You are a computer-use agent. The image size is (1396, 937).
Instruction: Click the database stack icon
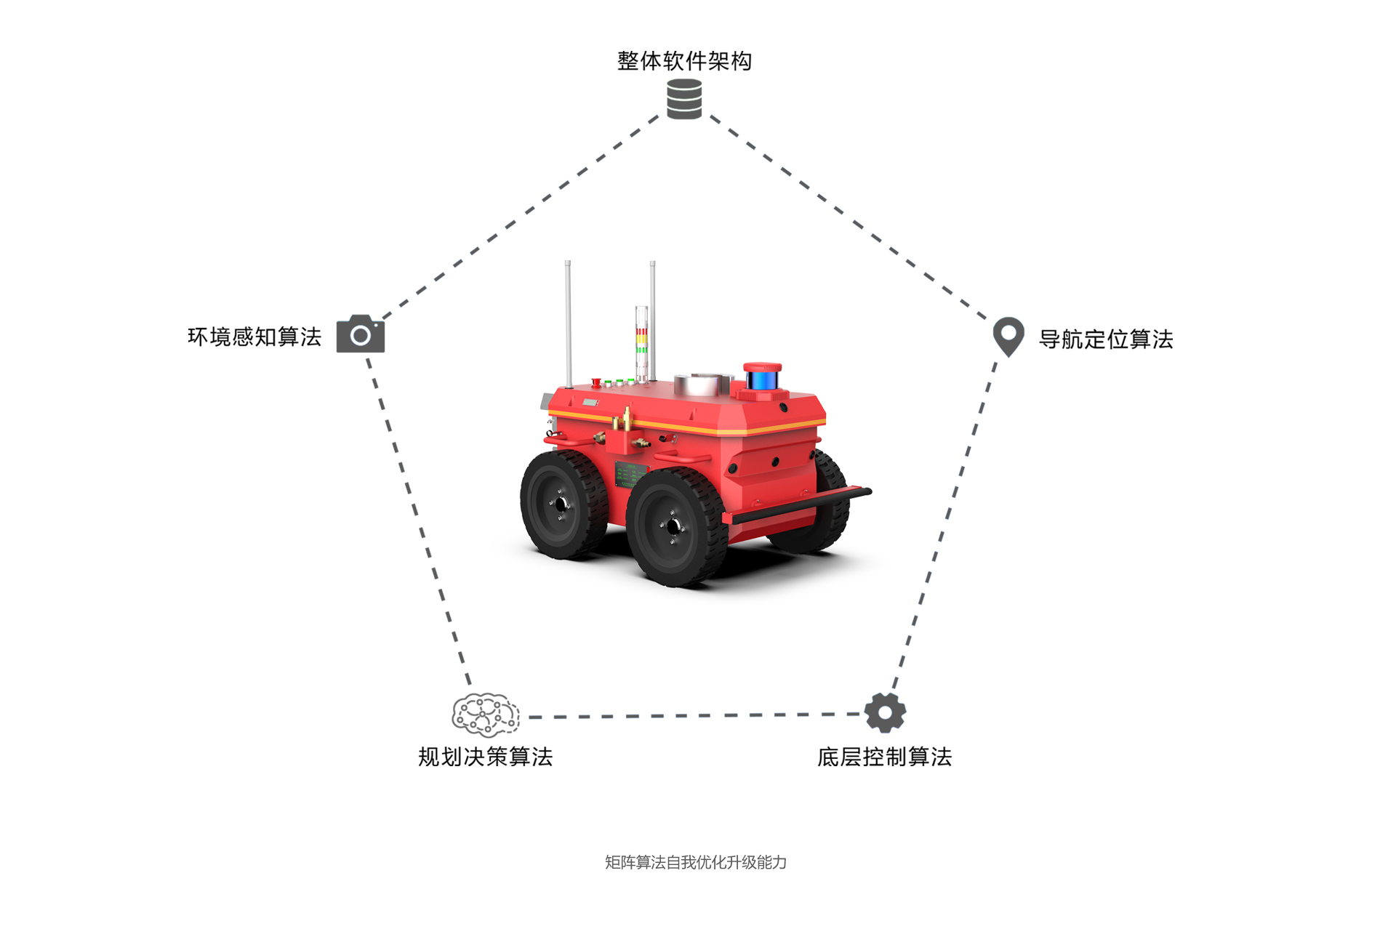click(x=684, y=99)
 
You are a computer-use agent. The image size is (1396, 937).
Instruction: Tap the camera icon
click(x=361, y=334)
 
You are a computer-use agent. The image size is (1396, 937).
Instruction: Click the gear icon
click(x=885, y=712)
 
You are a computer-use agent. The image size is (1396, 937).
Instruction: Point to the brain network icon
click(x=486, y=715)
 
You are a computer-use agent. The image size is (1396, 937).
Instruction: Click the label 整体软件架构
click(x=684, y=61)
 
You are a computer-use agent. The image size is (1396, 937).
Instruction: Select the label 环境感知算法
click(x=254, y=337)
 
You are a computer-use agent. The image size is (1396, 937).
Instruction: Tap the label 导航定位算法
click(x=1106, y=339)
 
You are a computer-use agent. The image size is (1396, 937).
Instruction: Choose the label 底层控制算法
click(x=884, y=757)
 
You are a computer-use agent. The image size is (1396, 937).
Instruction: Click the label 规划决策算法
click(x=486, y=757)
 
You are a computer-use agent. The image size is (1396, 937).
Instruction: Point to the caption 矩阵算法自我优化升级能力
click(x=696, y=862)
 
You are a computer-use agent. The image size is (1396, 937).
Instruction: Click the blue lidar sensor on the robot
click(x=762, y=378)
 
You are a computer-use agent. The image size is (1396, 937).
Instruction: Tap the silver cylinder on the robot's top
click(x=702, y=384)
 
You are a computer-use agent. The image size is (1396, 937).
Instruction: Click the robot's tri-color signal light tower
click(x=641, y=344)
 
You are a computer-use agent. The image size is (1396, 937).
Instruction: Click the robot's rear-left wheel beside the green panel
click(x=563, y=504)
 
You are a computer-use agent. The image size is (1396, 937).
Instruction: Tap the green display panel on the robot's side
click(x=630, y=475)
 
